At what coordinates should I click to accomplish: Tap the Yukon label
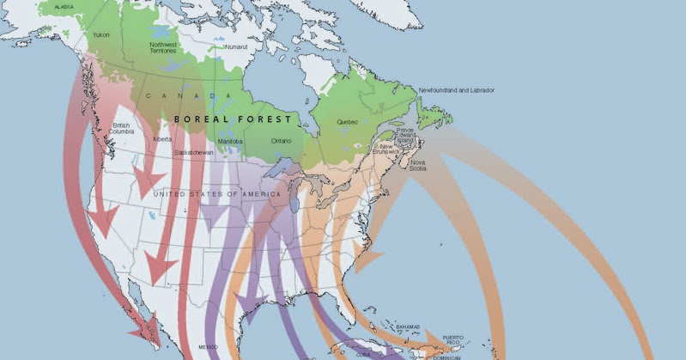pos(100,35)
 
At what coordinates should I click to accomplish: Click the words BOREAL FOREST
pos(232,119)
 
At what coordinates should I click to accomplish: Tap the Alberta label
pos(161,139)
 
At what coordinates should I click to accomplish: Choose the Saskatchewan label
pos(193,152)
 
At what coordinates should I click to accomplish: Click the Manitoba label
pos(230,141)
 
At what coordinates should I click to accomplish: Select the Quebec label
pos(347,121)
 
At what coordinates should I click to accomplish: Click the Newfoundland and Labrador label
pos(456,90)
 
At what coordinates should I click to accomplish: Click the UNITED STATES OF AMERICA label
pos(216,195)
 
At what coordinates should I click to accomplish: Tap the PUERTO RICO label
pos(452,340)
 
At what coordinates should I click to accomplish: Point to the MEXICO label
pos(209,348)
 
